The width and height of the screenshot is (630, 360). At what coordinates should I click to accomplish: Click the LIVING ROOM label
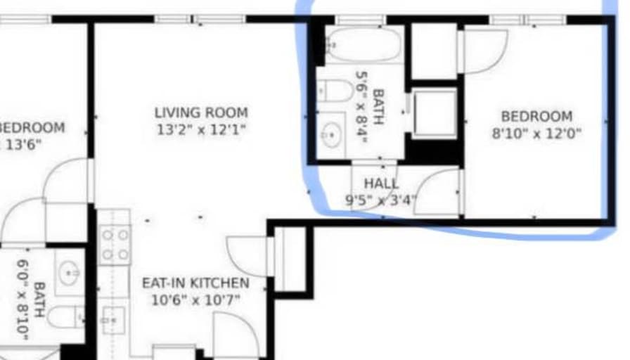201,112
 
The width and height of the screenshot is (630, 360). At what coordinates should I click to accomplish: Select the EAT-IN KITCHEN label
195,283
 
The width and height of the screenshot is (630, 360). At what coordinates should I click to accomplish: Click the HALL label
381,184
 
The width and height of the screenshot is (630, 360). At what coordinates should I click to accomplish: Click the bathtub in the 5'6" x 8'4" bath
363,45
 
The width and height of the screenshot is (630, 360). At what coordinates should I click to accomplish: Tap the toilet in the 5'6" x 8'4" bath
335,91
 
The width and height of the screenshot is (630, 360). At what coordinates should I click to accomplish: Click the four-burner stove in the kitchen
115,243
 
